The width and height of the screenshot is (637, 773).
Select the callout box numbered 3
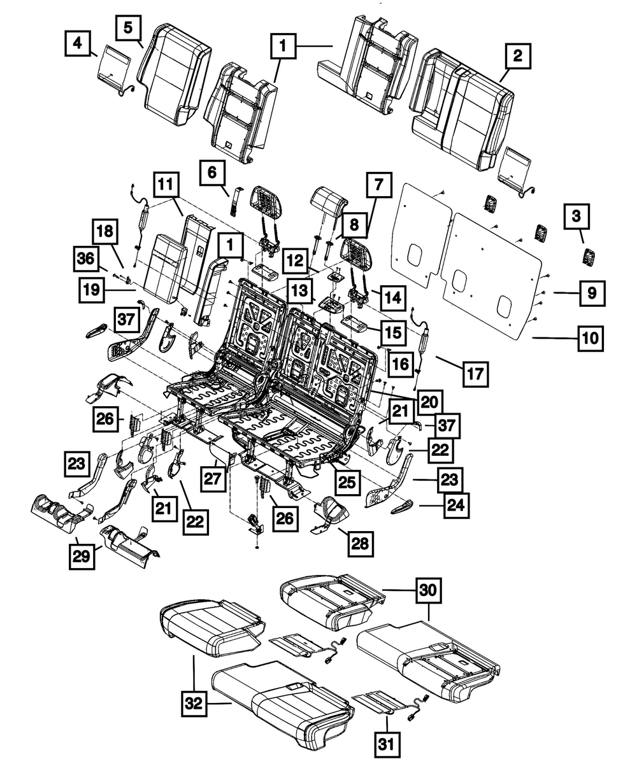[576, 216]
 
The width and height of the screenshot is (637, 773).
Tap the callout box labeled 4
[78, 43]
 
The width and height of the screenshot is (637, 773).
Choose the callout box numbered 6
[212, 172]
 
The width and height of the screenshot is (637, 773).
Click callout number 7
[378, 187]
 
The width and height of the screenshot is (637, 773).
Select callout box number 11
[166, 185]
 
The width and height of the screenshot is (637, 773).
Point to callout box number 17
[475, 374]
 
